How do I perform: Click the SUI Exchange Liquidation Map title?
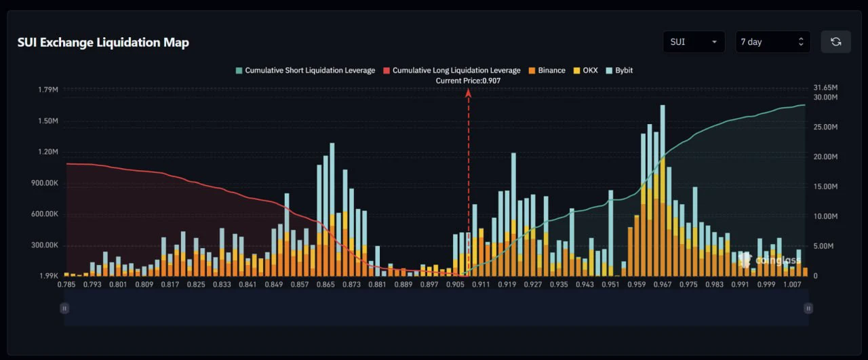[x=103, y=42]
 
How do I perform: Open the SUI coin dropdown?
[x=694, y=42]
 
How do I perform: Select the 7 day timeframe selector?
[x=772, y=42]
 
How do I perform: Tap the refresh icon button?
[x=836, y=42]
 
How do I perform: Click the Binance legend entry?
[x=547, y=71]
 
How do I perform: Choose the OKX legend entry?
[x=585, y=71]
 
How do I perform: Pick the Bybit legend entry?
[x=619, y=71]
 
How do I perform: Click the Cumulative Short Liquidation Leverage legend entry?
[x=305, y=71]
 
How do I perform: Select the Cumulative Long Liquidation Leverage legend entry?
[x=452, y=71]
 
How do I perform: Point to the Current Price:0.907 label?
[x=468, y=81]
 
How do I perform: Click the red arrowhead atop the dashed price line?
[x=468, y=93]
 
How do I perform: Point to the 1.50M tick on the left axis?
[x=48, y=121]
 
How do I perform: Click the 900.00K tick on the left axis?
[x=45, y=183]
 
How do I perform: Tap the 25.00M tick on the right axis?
[x=825, y=127]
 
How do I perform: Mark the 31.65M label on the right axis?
[x=825, y=87]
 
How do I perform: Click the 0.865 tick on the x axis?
[x=325, y=285]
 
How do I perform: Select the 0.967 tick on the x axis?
[x=663, y=285]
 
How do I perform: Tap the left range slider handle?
[x=64, y=308]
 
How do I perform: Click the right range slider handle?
[x=808, y=308]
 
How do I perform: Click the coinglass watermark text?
[x=778, y=260]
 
